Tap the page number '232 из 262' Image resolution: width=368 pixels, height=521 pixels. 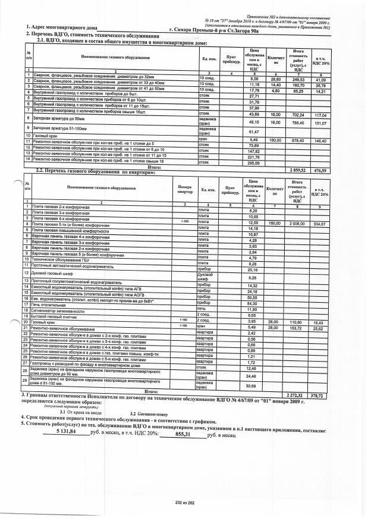point(184,503)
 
